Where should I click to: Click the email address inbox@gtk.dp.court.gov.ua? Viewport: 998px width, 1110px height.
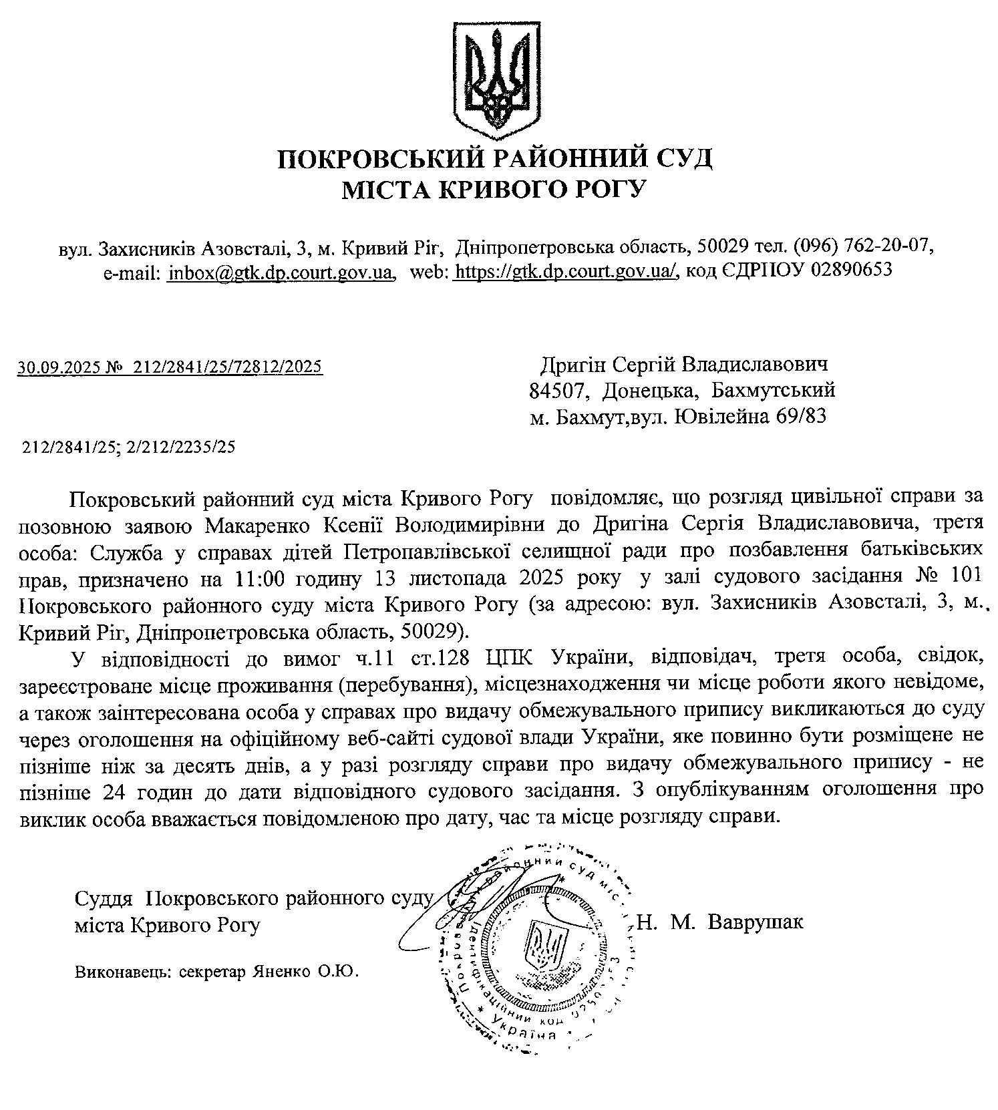[x=280, y=272]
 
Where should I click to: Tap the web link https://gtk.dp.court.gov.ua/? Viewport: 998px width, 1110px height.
[x=565, y=272]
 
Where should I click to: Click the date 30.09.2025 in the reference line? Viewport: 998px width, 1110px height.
[x=57, y=367]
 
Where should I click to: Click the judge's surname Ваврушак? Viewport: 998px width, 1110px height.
[x=755, y=922]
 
